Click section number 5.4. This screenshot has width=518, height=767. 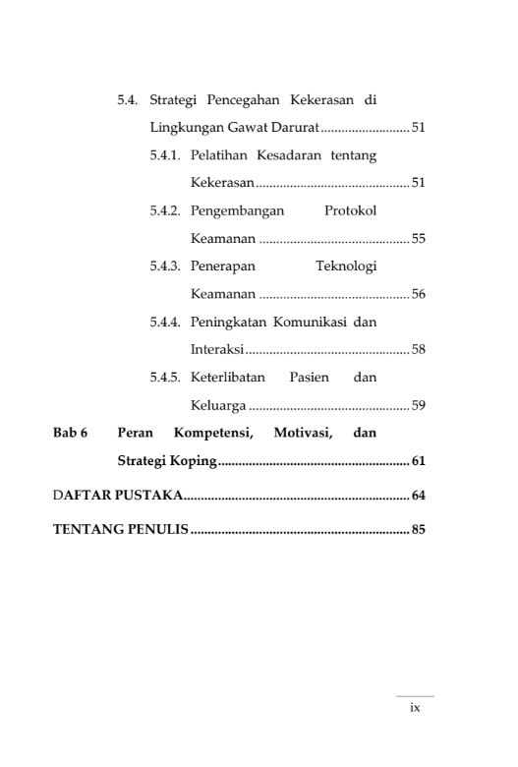point(129,100)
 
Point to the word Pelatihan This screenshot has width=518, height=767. point(218,155)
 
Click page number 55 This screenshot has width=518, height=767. point(418,239)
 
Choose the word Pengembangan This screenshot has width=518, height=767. point(237,210)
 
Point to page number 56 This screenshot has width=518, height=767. point(418,294)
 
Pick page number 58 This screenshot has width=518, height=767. point(418,349)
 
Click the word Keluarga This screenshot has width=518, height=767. point(218,405)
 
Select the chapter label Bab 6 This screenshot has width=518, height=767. point(71,432)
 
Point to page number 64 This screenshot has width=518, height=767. point(418,495)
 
